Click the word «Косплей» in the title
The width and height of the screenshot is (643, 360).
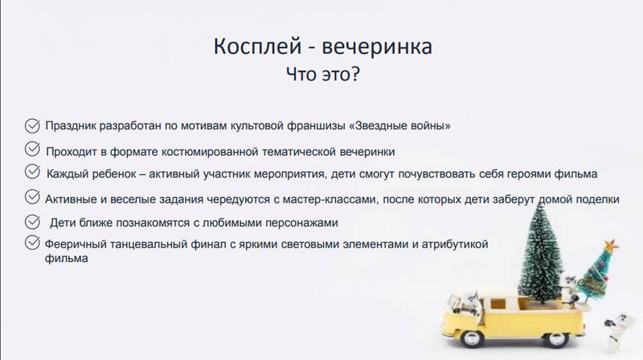[x=257, y=47]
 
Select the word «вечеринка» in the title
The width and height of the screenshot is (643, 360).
[x=377, y=47]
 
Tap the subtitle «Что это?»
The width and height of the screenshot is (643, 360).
[x=323, y=74]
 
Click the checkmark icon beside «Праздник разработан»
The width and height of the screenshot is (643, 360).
[x=32, y=126]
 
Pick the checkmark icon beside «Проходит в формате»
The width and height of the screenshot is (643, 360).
[x=32, y=149]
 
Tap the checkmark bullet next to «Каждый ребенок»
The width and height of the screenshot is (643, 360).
[x=32, y=172]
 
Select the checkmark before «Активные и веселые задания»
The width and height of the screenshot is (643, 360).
[x=32, y=197]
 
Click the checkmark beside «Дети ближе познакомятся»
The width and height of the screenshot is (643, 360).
[x=32, y=222]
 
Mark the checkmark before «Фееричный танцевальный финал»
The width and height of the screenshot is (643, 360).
[x=32, y=243]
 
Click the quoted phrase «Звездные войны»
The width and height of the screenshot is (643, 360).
[x=399, y=125]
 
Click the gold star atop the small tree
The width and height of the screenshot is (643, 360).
[x=611, y=245]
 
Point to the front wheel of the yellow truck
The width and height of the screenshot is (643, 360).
[x=470, y=338]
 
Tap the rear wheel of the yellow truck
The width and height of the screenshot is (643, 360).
[x=557, y=338]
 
